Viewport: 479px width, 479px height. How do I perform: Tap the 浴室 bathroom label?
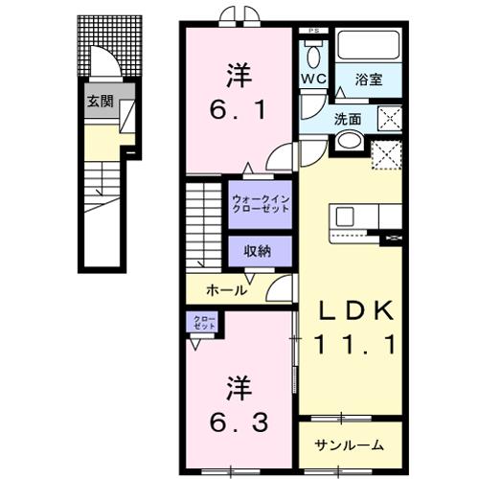click(367, 80)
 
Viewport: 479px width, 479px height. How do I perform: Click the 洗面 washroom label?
click(348, 121)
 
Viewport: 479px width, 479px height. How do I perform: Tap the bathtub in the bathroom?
click(365, 50)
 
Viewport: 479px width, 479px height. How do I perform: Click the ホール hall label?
click(227, 289)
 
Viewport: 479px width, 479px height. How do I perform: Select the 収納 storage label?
click(258, 251)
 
